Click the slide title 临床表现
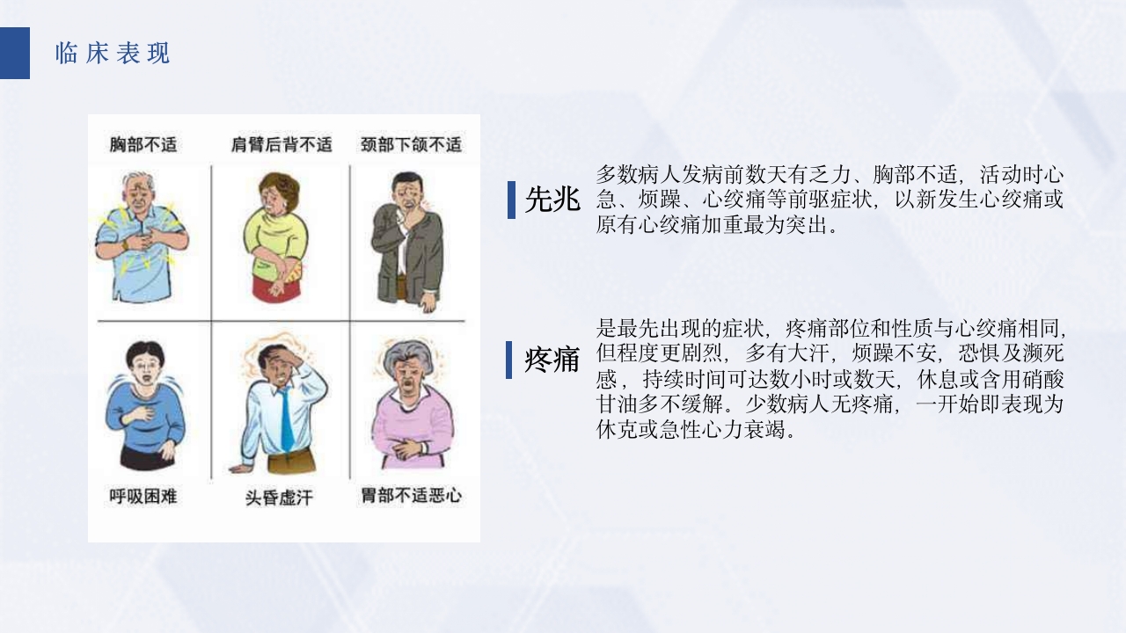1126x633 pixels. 112,54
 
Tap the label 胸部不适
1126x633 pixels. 143,144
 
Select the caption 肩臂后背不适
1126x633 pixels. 281,144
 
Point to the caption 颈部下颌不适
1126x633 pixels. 411,144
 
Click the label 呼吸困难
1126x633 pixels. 143,496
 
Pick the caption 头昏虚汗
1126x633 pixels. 278,498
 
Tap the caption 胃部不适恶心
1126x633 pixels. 411,496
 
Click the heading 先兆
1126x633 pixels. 552,200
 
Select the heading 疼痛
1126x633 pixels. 552,360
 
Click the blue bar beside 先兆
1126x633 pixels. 511,200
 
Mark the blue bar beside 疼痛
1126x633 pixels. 509,360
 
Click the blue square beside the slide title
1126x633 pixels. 15,54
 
